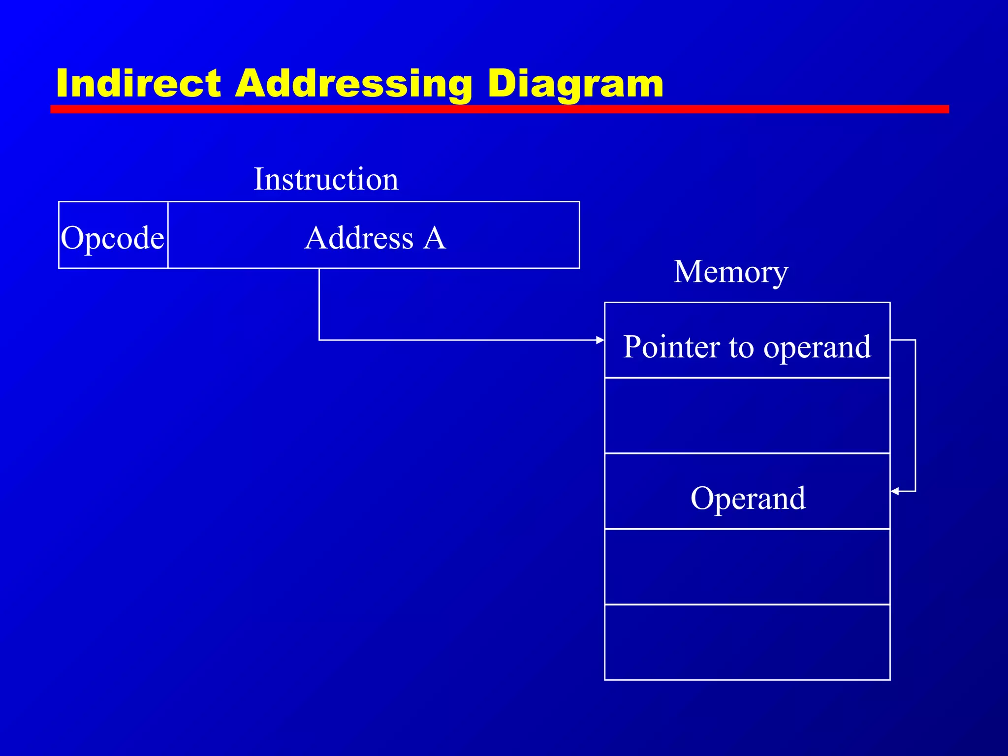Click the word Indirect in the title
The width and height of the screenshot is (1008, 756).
[x=139, y=84]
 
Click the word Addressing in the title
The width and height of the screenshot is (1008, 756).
[x=353, y=84]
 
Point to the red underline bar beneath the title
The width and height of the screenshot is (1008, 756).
[x=499, y=109]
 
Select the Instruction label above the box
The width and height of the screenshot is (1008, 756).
[x=326, y=179]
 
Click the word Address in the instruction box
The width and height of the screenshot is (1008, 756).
[x=359, y=238]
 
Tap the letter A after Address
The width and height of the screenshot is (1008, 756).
[x=435, y=238]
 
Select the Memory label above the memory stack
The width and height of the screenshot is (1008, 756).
[x=730, y=272]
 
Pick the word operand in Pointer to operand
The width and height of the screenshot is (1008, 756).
[x=817, y=347]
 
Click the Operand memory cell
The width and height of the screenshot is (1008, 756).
[x=747, y=498]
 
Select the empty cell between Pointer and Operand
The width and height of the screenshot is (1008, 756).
[x=747, y=415]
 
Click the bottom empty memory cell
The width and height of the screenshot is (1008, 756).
[x=747, y=642]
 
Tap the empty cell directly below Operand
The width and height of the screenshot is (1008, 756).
[x=747, y=567]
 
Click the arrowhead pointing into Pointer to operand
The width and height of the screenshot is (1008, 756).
[x=600, y=340]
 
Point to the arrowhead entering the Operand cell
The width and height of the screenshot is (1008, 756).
[x=895, y=491]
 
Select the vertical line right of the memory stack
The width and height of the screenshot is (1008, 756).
[x=915, y=416]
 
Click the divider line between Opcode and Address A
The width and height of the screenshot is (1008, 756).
[x=168, y=235]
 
